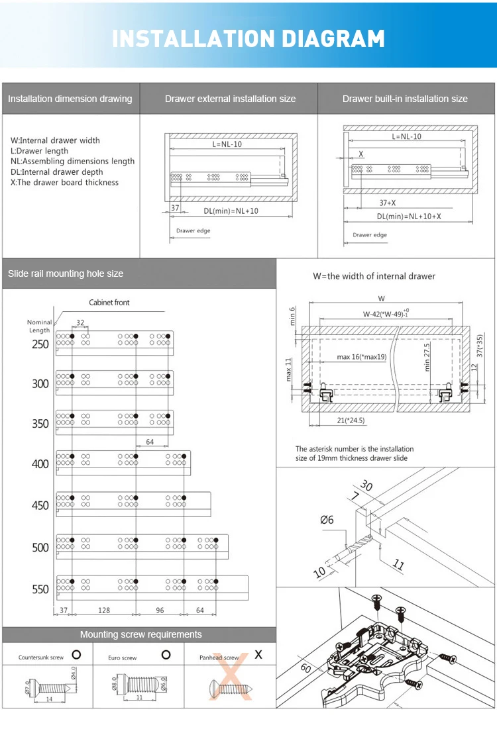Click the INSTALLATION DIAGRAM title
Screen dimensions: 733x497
tap(248, 38)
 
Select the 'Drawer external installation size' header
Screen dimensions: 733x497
tap(230, 99)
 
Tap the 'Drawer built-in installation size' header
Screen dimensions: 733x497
tap(405, 99)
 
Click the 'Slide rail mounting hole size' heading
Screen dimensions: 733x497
tap(66, 273)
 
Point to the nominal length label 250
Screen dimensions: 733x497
tap(40, 344)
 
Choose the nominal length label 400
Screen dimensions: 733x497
tap(40, 464)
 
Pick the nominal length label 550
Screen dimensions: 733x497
tap(40, 589)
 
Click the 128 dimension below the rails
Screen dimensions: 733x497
tap(104, 610)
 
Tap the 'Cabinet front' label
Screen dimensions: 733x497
tap(109, 303)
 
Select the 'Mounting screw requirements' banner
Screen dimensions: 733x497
tap(140, 634)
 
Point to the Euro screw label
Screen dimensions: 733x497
tap(123, 658)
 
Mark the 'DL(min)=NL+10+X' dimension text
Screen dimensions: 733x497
tap(409, 216)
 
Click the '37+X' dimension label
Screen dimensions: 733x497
tap(388, 203)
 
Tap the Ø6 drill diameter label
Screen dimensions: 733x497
tap(327, 520)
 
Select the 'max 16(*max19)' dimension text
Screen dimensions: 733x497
tap(361, 357)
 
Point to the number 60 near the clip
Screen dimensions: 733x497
tap(306, 667)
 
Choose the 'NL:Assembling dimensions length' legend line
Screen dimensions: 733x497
tap(73, 161)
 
